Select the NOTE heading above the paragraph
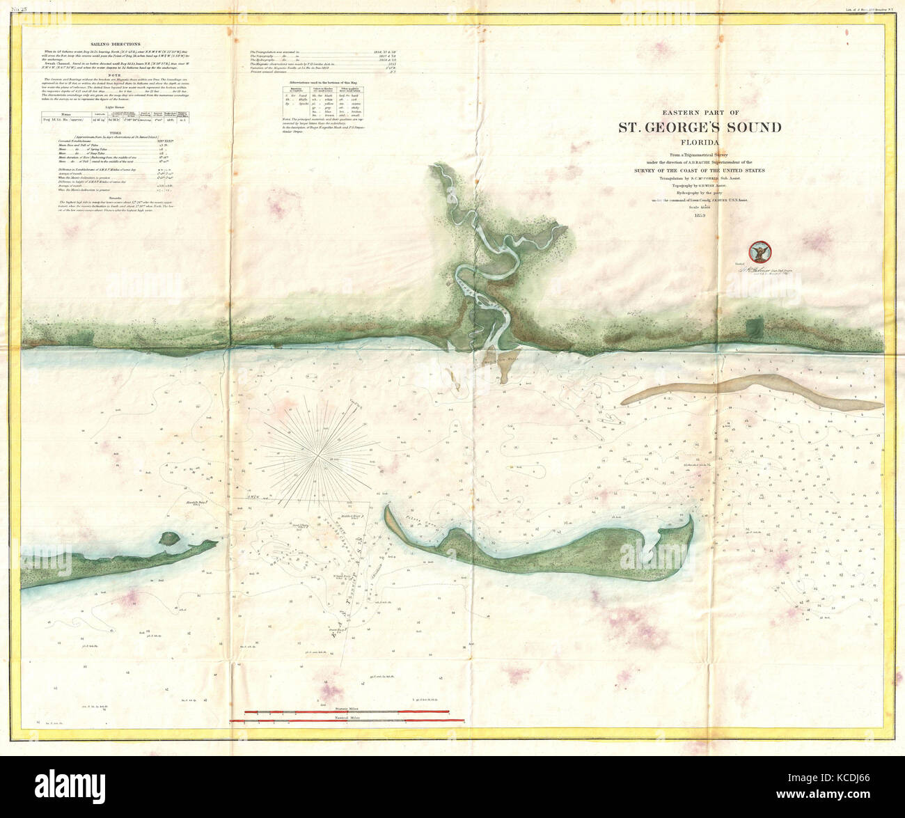120,74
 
